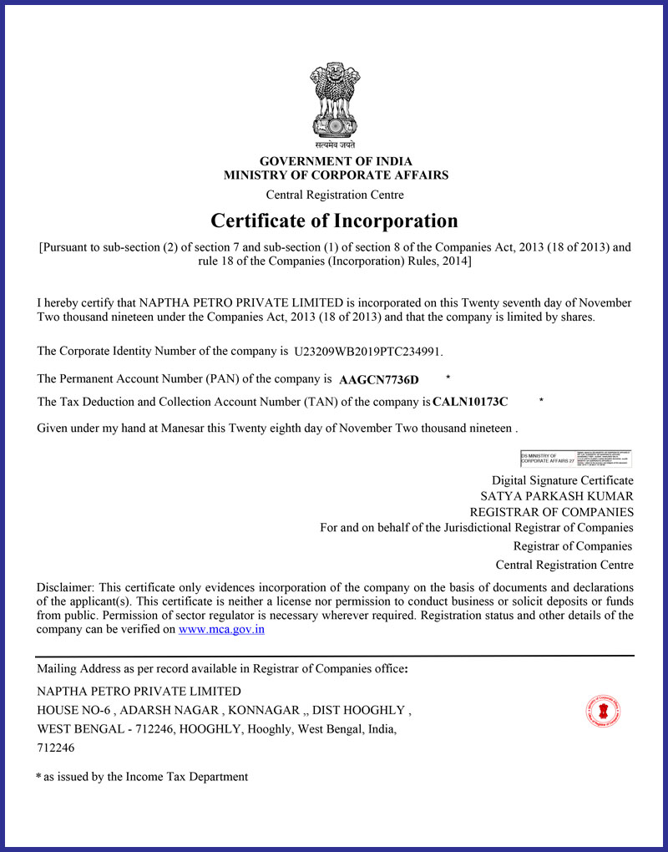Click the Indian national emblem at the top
click(x=335, y=103)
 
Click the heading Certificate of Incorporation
click(x=334, y=221)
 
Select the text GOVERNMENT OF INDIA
click(x=336, y=161)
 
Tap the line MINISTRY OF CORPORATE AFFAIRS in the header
click(x=336, y=175)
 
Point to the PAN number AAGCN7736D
click(x=379, y=380)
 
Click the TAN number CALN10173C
click(x=470, y=402)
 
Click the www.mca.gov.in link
click(x=221, y=629)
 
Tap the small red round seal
click(x=603, y=712)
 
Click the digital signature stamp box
click(x=575, y=458)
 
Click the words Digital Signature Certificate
click(x=562, y=480)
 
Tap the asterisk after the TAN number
click(x=541, y=401)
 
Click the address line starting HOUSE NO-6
click(x=224, y=710)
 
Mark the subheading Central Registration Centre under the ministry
click(x=335, y=195)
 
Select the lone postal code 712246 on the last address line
click(x=56, y=748)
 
